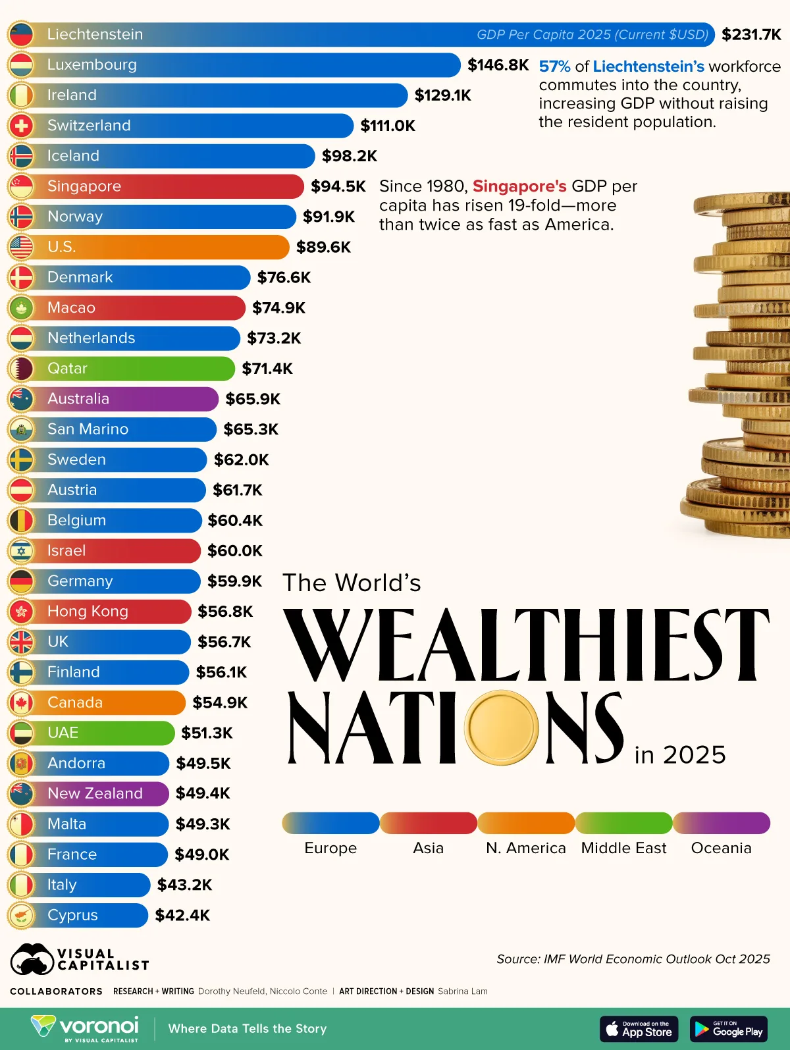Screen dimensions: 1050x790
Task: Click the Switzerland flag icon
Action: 21,125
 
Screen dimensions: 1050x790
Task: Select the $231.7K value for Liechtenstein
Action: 751,34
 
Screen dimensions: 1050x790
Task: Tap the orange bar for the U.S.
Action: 165,247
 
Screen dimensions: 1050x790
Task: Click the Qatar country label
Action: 67,368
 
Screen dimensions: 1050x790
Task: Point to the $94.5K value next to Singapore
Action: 338,186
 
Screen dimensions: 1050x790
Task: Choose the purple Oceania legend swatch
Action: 721,823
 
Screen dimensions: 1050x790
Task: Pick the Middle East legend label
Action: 623,848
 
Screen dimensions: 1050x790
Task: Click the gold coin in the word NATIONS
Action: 502,727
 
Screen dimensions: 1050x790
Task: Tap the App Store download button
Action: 639,1029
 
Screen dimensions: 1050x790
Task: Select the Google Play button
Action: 728,1029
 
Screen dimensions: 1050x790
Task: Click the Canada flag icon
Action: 21,702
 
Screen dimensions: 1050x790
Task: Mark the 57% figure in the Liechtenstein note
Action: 554,66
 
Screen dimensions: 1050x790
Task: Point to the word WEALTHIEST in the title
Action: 526,645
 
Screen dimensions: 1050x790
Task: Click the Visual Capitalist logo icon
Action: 32,960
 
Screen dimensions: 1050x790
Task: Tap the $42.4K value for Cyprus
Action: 182,915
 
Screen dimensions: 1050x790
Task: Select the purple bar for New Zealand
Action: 99,793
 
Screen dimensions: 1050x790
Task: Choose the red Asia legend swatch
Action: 428,823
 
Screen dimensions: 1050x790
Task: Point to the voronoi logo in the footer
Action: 85,1028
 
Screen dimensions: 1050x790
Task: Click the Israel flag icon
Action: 21,550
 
